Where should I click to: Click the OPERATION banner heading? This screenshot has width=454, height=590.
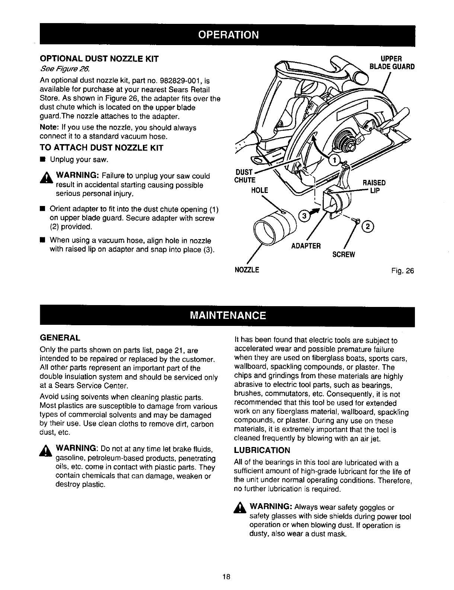pyautogui.click(x=228, y=35)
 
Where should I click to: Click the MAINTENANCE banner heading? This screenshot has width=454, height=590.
pyautogui.click(x=228, y=315)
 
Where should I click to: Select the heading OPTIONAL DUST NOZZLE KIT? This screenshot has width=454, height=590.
pyautogui.click(x=99, y=59)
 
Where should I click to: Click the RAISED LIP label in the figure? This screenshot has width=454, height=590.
pyautogui.click(x=374, y=186)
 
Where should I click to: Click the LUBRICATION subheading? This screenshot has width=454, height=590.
pyautogui.click(x=262, y=450)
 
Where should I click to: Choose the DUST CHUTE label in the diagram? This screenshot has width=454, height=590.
pyautogui.click(x=245, y=176)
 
